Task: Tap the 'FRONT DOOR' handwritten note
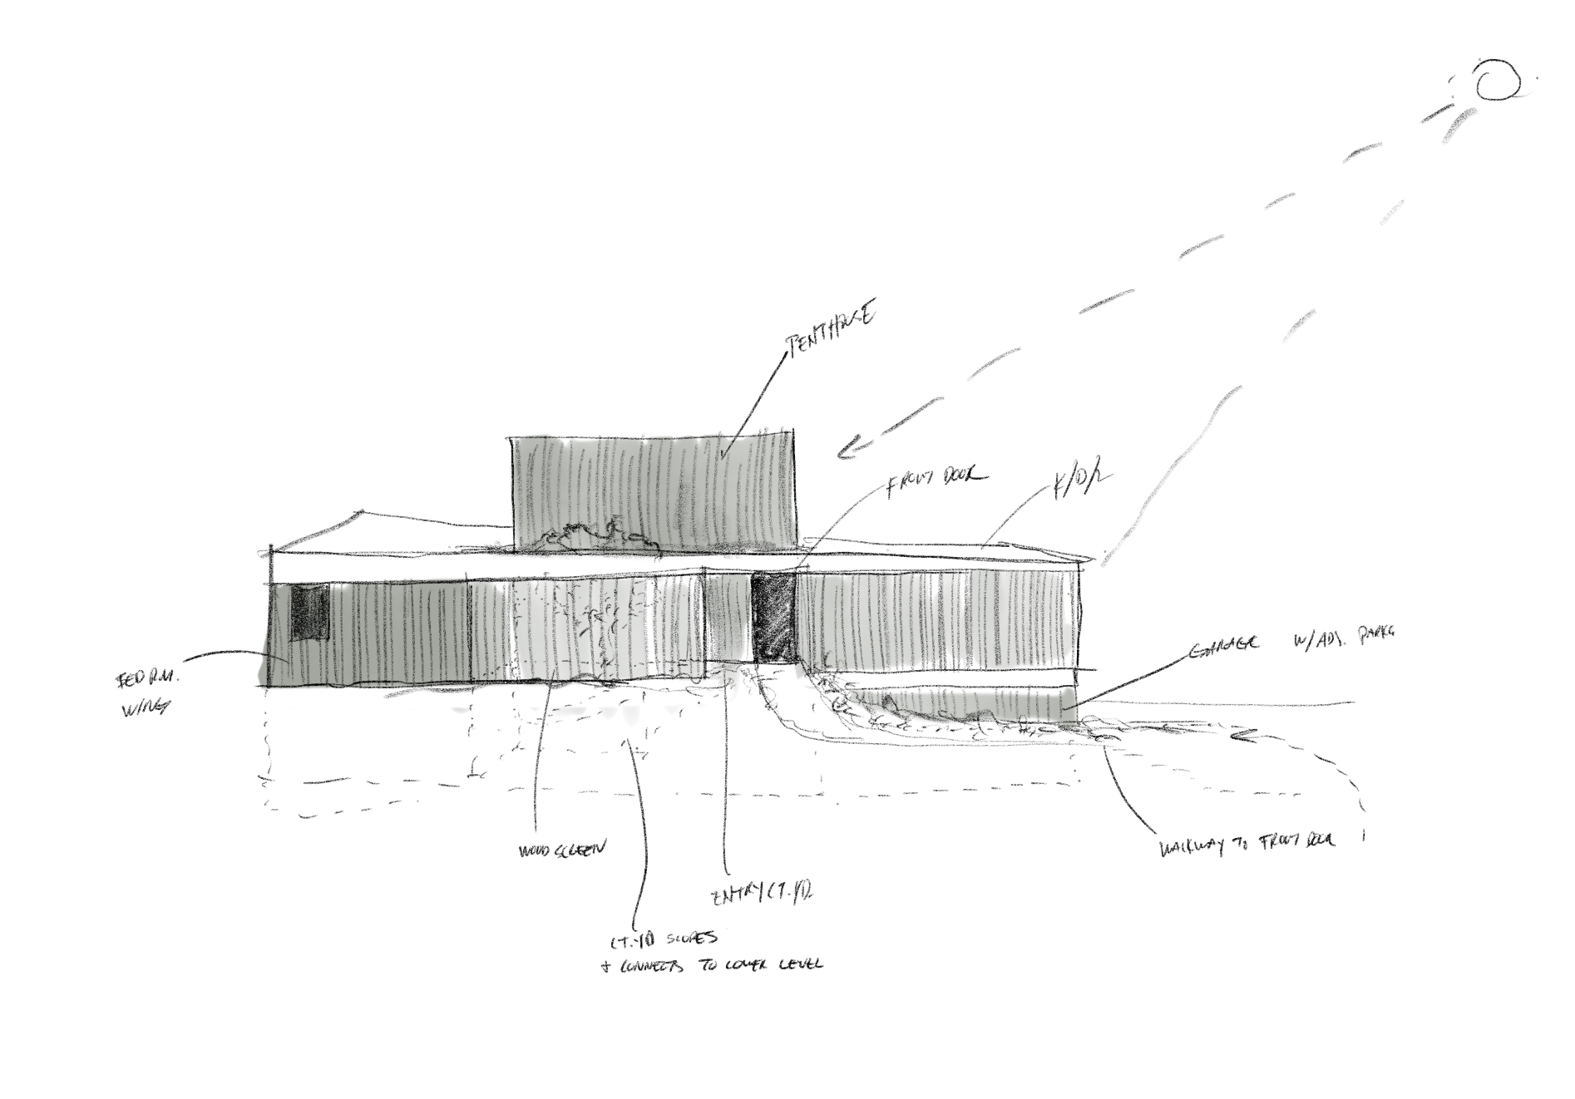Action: tap(934, 481)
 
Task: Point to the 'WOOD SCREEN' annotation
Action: tap(559, 850)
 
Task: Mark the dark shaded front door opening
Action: tap(773, 615)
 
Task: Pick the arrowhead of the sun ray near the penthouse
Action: tap(844, 453)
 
